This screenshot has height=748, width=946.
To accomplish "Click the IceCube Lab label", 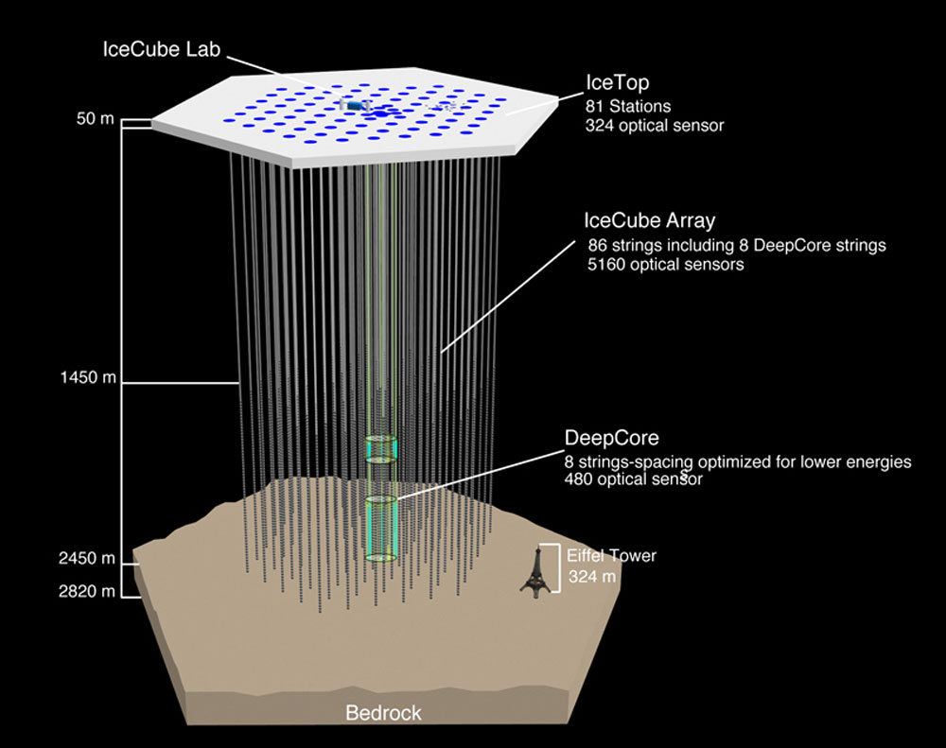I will (x=161, y=49).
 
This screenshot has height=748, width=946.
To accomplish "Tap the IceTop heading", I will (x=617, y=83).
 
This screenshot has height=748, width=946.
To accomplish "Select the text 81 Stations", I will (x=633, y=105).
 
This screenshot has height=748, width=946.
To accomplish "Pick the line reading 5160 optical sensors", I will (x=665, y=265).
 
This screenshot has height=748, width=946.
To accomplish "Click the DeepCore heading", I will (x=611, y=438).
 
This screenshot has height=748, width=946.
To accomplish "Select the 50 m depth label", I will (x=96, y=120).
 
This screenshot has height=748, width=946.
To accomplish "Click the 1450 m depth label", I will (x=87, y=379).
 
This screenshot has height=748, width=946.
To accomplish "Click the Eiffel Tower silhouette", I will (x=534, y=573).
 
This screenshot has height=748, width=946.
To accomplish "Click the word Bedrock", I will (x=383, y=713).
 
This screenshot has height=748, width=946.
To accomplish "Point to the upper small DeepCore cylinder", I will (x=381, y=448).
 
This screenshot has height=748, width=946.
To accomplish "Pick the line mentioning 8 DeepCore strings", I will (x=737, y=246).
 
